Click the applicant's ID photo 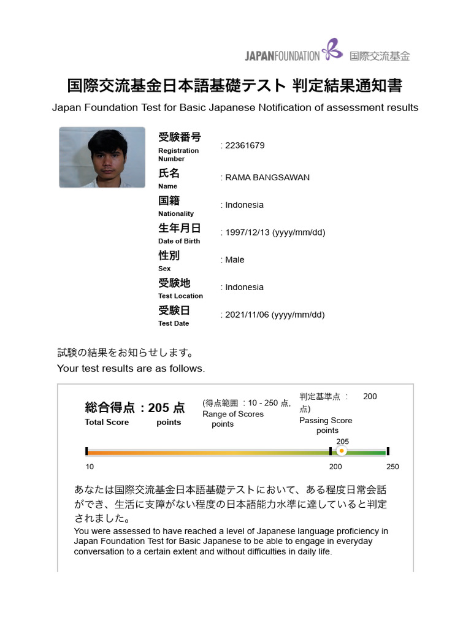tap(102, 157)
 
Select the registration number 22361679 tap(245, 145)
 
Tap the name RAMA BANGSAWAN tap(267, 177)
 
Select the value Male tap(234, 260)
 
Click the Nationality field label tap(175, 213)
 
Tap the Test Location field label tap(180, 296)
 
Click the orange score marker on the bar tap(342, 451)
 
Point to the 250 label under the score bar tap(392, 467)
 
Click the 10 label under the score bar tap(90, 467)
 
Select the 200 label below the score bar tap(335, 467)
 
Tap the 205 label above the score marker tap(343, 442)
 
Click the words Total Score tap(107, 423)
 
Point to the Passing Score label tap(326, 421)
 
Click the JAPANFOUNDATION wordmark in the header tap(282, 56)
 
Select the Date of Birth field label tap(179, 241)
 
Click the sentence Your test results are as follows tap(131, 369)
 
